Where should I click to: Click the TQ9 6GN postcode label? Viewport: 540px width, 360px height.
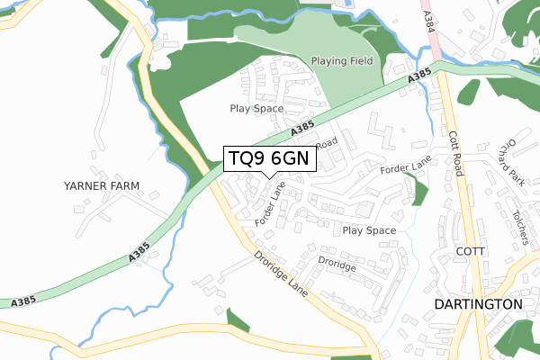269,157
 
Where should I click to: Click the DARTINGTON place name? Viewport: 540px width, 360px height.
478,304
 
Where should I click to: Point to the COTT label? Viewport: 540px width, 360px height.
472,250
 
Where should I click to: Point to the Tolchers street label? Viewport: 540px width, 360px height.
520,226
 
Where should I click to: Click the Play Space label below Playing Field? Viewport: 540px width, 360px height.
256,108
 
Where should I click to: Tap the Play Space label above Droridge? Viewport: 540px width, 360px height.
369,230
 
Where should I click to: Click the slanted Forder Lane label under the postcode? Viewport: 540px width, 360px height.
270,205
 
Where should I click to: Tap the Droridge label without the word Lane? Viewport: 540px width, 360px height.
337,263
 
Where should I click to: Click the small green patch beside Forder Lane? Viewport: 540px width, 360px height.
418,191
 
